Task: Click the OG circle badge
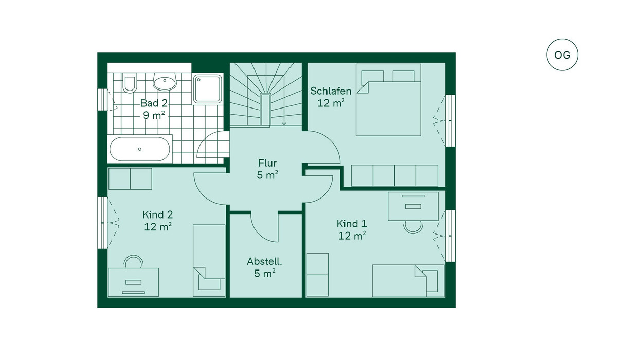[562, 55]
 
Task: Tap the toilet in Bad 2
[129, 82]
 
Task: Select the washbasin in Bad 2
[165, 82]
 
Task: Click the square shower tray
[207, 88]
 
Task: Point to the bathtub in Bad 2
[140, 149]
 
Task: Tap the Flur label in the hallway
[267, 163]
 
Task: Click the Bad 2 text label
[154, 103]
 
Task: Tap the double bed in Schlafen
[388, 100]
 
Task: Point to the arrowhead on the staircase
[284, 123]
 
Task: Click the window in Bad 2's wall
[102, 99]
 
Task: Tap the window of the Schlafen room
[450, 121]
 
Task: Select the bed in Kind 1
[408, 281]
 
